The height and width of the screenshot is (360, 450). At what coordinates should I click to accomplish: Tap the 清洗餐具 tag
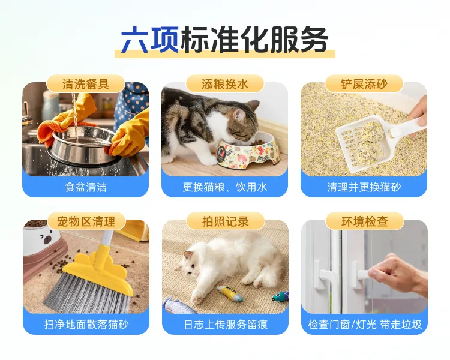tap(85, 83)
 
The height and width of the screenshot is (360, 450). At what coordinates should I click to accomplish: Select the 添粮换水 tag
tap(225, 83)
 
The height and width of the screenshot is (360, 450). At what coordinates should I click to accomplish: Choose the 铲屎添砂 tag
tap(364, 83)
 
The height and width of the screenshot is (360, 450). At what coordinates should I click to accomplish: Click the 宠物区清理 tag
tap(85, 221)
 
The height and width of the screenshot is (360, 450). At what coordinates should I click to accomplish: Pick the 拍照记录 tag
tap(225, 221)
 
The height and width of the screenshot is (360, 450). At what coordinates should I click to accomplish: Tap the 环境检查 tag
tap(364, 221)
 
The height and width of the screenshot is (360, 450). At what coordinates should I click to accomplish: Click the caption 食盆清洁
tap(85, 187)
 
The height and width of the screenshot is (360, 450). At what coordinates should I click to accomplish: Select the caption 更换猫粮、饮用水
tap(225, 187)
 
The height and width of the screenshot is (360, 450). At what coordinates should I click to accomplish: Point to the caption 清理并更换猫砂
tap(364, 187)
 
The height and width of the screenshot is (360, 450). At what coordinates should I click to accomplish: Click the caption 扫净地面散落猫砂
tap(85, 325)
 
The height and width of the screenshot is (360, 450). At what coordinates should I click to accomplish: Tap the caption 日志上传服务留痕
tap(225, 325)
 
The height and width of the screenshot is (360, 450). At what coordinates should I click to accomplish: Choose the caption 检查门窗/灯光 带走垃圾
tap(364, 325)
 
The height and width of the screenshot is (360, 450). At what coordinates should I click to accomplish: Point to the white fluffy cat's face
tap(193, 266)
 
